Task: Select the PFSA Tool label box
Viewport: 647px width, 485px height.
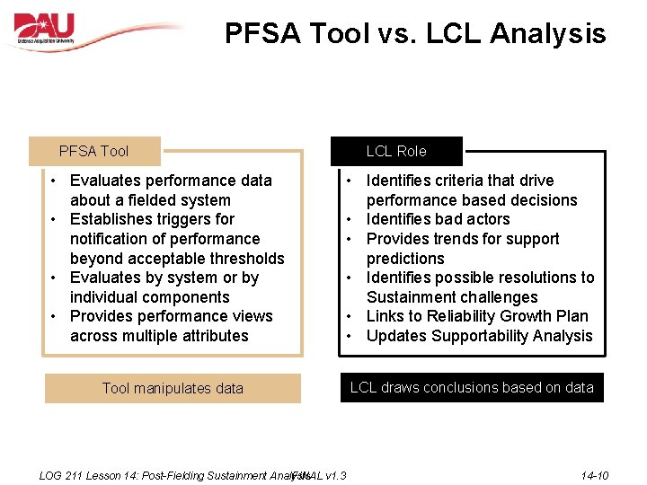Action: (94, 151)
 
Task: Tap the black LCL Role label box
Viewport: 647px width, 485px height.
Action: (396, 151)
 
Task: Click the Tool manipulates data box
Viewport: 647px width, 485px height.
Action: (173, 388)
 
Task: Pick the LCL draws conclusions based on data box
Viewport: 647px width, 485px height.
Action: (472, 387)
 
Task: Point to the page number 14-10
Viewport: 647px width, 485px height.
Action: (594, 475)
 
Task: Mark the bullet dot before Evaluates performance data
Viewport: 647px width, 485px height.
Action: (55, 181)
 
